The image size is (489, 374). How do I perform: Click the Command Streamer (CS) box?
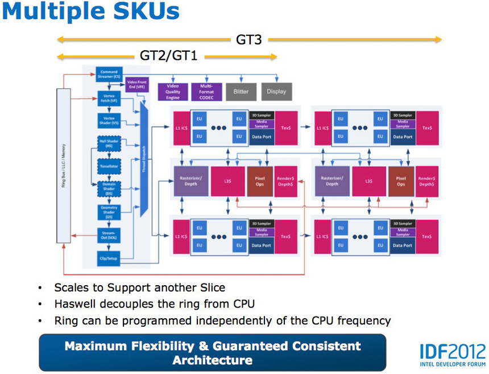108,74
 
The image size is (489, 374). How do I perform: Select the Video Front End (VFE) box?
137,85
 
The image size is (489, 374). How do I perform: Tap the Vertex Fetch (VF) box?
108,97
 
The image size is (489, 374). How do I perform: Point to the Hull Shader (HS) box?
108,143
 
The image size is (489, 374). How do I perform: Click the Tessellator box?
108,166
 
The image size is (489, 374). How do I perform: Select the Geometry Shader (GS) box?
108,212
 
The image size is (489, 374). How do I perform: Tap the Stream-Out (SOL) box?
108,235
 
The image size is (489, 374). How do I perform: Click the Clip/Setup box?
108,257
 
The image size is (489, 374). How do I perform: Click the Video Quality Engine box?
172,91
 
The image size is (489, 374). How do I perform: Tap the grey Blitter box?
241,91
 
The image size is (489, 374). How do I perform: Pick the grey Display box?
276,91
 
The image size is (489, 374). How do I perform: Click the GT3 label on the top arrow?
249,40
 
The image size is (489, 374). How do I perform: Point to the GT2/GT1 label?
168,56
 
